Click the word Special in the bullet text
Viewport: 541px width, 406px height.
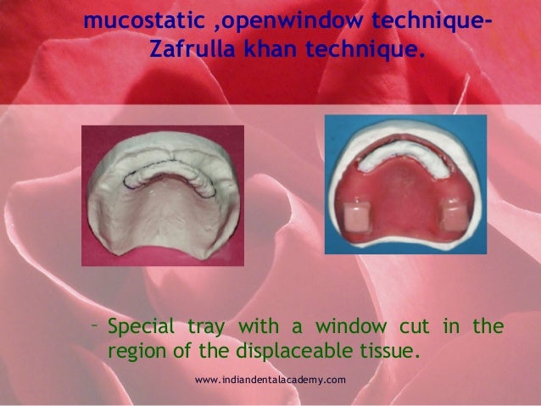(x=141, y=326)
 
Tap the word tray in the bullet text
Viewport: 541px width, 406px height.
(x=209, y=326)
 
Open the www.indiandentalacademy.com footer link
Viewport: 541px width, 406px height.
(x=270, y=379)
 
